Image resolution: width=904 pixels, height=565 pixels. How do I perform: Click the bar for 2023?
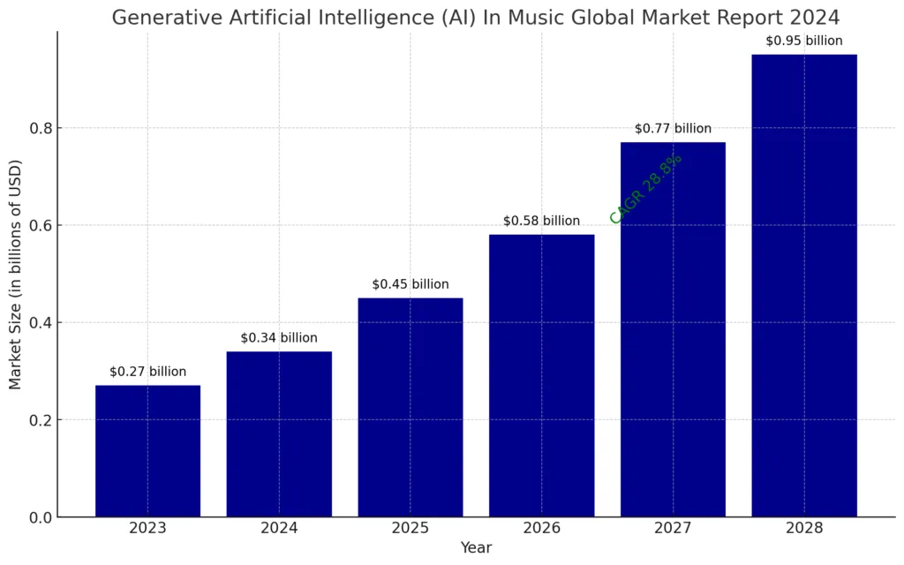(x=147, y=450)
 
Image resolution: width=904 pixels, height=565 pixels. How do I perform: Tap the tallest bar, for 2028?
(x=803, y=285)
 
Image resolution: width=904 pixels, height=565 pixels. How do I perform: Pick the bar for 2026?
(x=541, y=375)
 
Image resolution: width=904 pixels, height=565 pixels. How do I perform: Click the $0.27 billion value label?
(x=147, y=372)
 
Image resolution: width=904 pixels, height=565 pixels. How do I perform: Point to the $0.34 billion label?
(x=279, y=338)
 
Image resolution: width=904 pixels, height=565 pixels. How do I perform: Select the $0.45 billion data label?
(x=410, y=284)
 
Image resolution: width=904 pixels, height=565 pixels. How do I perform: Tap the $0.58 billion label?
(x=541, y=221)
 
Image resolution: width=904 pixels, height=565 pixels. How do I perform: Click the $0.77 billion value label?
(x=673, y=129)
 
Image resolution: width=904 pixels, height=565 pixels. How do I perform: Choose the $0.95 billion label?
(x=803, y=41)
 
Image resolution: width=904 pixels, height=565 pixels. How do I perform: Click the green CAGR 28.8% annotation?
(x=646, y=187)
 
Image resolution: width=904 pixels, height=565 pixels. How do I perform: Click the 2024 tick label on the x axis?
(x=279, y=529)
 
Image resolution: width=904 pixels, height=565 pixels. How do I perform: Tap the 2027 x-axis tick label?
(x=673, y=529)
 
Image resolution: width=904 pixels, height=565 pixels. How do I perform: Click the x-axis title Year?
(x=476, y=548)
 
